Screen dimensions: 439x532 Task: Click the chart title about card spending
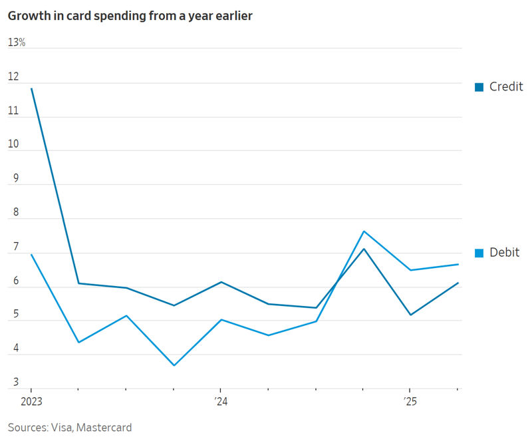[x=130, y=17]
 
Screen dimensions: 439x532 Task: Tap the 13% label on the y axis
[x=17, y=43]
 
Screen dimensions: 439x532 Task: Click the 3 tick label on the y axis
[x=15, y=383]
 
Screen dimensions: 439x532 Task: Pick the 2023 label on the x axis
[x=31, y=402]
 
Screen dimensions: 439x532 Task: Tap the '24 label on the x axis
[x=220, y=402]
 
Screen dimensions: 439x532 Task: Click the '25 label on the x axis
[x=409, y=402]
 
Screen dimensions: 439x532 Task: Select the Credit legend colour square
[x=479, y=87]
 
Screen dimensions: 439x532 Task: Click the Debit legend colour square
[x=479, y=253]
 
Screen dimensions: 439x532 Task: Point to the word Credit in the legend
[x=506, y=86]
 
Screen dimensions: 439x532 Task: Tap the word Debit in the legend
[x=504, y=252]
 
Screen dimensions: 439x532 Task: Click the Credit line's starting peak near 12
[x=31, y=88]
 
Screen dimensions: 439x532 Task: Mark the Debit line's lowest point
[x=174, y=365]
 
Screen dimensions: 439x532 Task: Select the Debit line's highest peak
[x=363, y=231]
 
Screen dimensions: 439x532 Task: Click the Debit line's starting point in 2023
[x=31, y=254]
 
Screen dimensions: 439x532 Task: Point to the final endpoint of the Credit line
[x=458, y=283]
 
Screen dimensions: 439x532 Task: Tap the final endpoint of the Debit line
[x=458, y=264]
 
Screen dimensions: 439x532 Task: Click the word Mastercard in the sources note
[x=104, y=427]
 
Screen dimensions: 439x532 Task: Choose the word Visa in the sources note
[x=61, y=427]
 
